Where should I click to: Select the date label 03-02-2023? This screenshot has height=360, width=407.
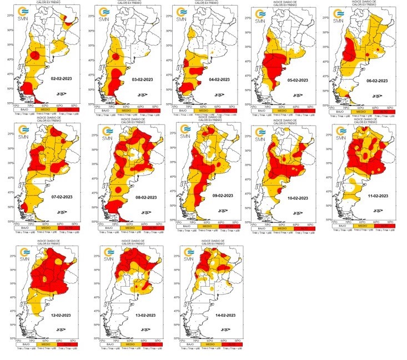coord(142,80)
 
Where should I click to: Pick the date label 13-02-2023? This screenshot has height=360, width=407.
coord(143,316)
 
